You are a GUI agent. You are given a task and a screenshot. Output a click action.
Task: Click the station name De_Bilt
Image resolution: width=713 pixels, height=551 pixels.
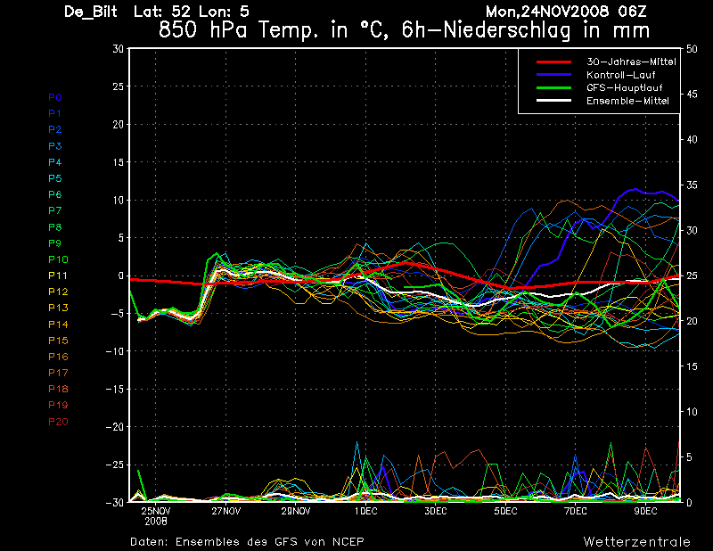tap(92, 12)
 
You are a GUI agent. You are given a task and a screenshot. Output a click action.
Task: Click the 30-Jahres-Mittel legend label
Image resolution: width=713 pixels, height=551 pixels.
tap(627, 62)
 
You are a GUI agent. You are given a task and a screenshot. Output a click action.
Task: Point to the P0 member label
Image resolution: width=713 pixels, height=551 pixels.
tap(55, 97)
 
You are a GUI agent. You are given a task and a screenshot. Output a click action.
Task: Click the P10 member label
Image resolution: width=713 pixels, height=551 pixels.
tap(58, 259)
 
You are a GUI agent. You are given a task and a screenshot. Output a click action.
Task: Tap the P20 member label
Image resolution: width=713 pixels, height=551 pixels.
tap(58, 422)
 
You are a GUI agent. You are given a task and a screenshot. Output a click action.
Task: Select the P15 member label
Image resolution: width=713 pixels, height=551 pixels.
tap(58, 341)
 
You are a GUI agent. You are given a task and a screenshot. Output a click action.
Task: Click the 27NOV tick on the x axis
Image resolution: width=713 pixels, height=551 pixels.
tap(225, 511)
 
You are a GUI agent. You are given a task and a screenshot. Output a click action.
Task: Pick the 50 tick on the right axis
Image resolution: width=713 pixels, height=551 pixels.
tap(693, 48)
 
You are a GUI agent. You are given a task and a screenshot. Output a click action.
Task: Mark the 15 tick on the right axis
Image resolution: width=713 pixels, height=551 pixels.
tap(693, 366)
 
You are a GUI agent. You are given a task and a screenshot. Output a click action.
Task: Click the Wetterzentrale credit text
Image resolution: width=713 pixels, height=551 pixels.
tap(636, 541)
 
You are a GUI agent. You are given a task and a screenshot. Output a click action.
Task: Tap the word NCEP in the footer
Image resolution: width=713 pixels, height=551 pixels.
tap(346, 541)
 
